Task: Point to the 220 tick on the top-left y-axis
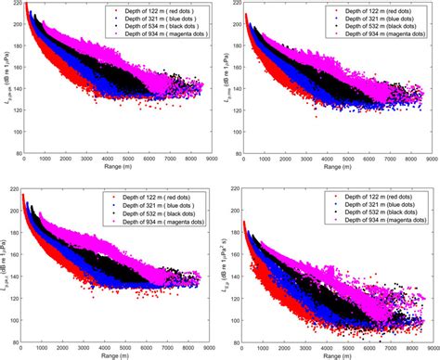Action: click(15, 5)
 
